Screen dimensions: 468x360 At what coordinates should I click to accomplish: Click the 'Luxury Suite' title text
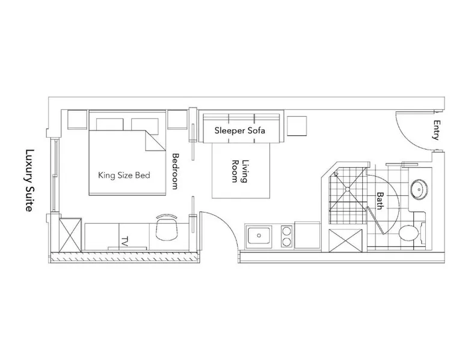coord(29,180)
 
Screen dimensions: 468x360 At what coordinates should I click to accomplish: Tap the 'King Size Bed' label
coord(124,175)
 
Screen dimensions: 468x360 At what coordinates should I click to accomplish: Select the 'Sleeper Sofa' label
coord(239,130)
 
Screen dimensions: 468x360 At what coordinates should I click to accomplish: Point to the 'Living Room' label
coord(240,171)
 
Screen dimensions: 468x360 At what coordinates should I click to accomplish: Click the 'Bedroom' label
coord(175,171)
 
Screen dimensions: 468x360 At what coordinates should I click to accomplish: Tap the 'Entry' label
coord(437,130)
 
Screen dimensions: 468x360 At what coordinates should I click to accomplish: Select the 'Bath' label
coord(380,201)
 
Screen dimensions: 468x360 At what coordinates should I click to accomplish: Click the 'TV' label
coord(125,241)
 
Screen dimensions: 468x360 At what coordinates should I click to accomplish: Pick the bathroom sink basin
coord(419,190)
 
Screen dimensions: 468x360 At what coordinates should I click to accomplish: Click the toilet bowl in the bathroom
coord(408,233)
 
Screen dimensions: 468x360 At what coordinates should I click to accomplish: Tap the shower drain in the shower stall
coord(348,189)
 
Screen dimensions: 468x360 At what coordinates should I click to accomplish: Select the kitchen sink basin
coord(259,235)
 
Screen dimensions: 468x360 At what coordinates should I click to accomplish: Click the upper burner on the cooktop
coord(286,231)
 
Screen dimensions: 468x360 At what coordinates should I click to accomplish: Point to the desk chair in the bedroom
coord(167,228)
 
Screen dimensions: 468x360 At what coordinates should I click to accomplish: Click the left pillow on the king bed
coord(109,124)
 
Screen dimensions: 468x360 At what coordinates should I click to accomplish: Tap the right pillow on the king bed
coord(145,124)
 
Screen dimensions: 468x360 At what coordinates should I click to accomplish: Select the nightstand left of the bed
coord(78,120)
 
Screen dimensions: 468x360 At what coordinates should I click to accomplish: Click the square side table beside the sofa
coord(297,126)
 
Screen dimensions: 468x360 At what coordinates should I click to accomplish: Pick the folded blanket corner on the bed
coord(155,140)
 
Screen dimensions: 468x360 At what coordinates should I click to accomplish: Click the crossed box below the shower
coord(345,240)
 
